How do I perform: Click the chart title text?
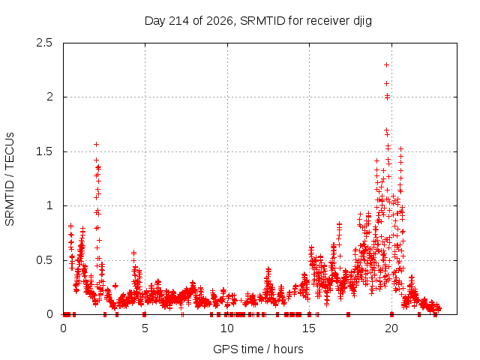pos(258,21)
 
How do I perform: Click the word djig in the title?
pos(363,21)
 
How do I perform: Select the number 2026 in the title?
pos(220,21)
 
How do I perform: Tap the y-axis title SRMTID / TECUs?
pos(10,179)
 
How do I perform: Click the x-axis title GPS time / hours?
pos(258,349)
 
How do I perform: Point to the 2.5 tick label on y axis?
pos(44,43)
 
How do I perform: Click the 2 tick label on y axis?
pos(49,97)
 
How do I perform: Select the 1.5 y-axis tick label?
pos(44,151)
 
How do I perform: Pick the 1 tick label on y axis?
pos(50,205)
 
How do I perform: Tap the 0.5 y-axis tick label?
pos(44,260)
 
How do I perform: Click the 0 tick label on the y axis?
pos(49,314)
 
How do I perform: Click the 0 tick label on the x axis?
pos(63,328)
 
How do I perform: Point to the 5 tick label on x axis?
pos(145,328)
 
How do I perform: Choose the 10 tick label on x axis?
pos(227,328)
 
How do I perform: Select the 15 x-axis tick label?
pos(309,328)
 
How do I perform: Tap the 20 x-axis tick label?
pos(391,328)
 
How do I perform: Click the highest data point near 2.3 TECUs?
pos(387,65)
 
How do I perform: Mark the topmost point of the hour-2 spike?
pos(97,144)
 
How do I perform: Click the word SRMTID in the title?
pos(262,21)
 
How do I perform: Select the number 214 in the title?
pos(179,21)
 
